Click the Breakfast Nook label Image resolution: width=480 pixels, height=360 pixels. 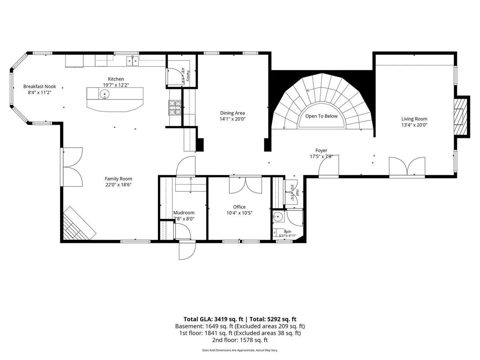pos(40,86)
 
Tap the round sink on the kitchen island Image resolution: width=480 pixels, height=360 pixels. pos(104,94)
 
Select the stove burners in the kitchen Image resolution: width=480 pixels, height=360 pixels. pos(175,107)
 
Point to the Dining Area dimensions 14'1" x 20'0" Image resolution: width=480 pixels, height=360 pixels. pos(232,119)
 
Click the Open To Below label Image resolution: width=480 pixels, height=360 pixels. pos(321,116)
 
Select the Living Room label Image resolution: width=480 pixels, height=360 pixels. pos(414,119)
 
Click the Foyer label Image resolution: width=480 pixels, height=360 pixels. pos(321,150)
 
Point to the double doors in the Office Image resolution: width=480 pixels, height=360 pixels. pos(245,185)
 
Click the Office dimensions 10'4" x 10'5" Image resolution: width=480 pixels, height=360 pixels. pos(239,213)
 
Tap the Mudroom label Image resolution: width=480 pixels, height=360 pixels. pos(184,213)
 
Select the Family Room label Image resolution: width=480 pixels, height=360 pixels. pos(118,179)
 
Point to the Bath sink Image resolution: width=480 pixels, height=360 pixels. pos(278,217)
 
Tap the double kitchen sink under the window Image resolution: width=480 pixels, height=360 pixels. pos(132,61)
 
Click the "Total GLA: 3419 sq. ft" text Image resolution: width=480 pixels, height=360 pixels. pos(213,319)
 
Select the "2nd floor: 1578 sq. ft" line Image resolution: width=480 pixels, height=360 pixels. pos(240,340)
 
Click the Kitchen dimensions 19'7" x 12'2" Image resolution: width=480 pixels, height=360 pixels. pos(116,85)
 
